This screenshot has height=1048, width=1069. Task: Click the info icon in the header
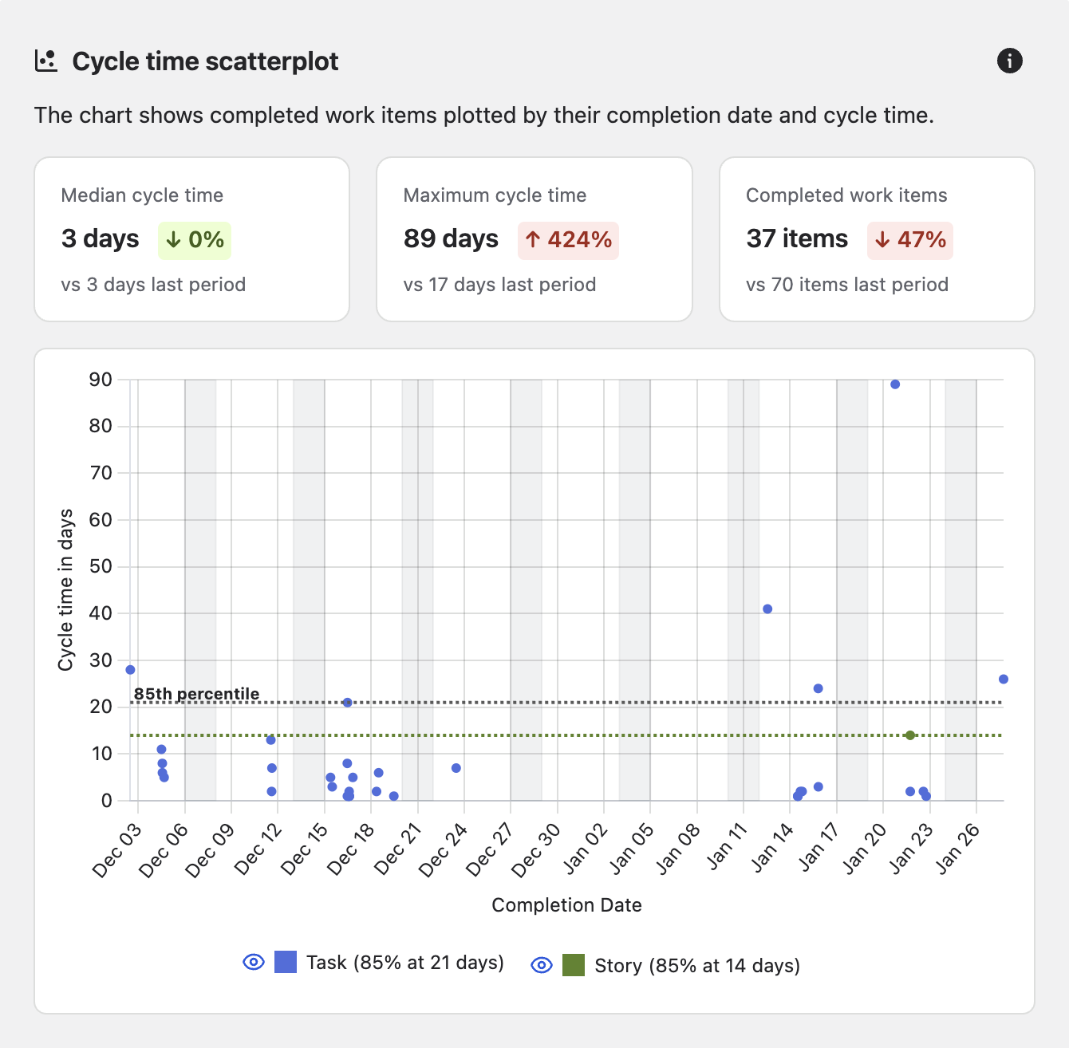click(x=1009, y=61)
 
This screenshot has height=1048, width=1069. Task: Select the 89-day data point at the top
click(x=895, y=384)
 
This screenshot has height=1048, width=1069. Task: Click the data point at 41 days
click(x=767, y=609)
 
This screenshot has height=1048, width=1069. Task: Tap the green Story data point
click(x=910, y=735)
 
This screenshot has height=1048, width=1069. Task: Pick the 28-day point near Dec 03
click(x=131, y=670)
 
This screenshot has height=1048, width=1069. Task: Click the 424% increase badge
click(x=568, y=240)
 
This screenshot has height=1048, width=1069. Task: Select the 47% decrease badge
click(x=910, y=240)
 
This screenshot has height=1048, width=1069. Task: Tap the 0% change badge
click(x=195, y=240)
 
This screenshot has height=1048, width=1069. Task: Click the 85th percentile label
click(x=196, y=694)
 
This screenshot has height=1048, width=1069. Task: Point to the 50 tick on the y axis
click(x=101, y=566)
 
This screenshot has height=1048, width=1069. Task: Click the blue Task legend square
click(x=286, y=962)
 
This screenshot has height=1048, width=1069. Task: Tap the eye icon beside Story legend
click(x=542, y=965)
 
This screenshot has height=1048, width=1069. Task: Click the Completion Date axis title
click(x=566, y=905)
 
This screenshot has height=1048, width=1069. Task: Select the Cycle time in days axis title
click(x=65, y=590)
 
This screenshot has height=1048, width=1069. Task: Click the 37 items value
click(x=797, y=238)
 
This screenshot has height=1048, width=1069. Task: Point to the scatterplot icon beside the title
click(x=46, y=61)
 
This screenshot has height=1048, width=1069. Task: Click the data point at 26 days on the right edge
click(x=1003, y=680)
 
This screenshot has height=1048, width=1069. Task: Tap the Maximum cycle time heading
click(x=495, y=195)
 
